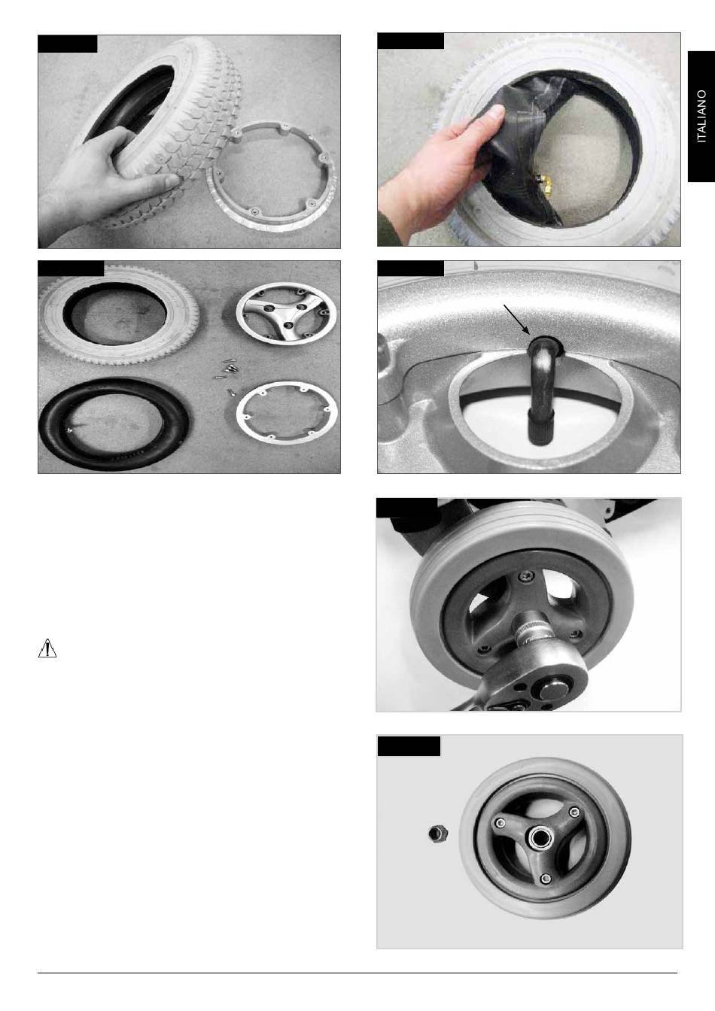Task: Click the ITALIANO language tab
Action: [x=701, y=117]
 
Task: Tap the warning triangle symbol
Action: [x=47, y=648]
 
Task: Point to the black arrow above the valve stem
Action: [x=517, y=319]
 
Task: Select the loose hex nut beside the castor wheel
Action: [x=438, y=833]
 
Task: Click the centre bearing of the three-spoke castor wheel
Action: [x=539, y=837]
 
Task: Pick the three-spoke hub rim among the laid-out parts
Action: [x=286, y=313]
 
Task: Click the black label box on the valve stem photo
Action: [x=411, y=268]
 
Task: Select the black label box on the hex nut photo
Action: [x=409, y=746]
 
